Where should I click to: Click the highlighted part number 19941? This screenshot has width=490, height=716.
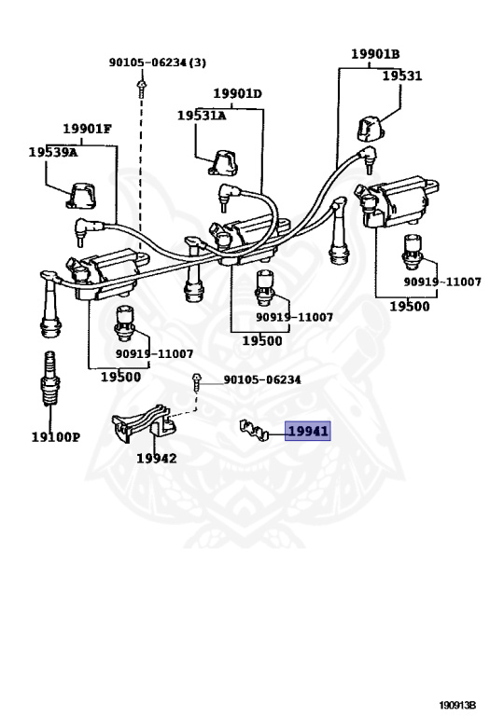(308, 431)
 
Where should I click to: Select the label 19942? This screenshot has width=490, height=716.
(156, 458)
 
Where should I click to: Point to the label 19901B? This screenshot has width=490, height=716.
(375, 53)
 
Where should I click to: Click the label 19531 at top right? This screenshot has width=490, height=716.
(403, 76)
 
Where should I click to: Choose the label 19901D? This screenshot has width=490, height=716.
(237, 93)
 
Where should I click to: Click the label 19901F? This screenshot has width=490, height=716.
(87, 129)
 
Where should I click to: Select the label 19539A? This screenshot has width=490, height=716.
(52, 151)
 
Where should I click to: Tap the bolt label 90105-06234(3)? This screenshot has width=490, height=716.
(158, 62)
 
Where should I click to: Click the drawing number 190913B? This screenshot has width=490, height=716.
(458, 705)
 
